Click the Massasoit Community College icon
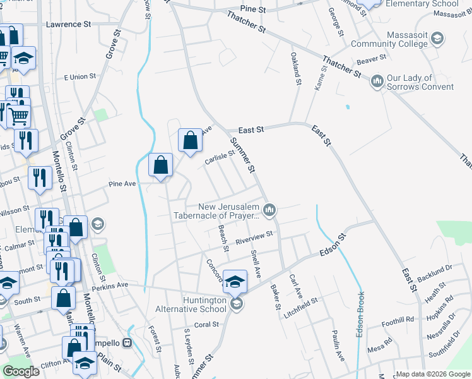tap(437, 39)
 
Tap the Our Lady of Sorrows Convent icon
tap(378, 81)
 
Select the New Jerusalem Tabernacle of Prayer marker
tap(269, 210)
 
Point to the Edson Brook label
tap(360, 314)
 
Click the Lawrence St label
tap(69, 24)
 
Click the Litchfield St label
tap(305, 304)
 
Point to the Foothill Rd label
tap(397, 320)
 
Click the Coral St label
tap(206, 325)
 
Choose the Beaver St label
tap(371, 59)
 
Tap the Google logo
tap(21, 371)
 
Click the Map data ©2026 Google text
tap(432, 374)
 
